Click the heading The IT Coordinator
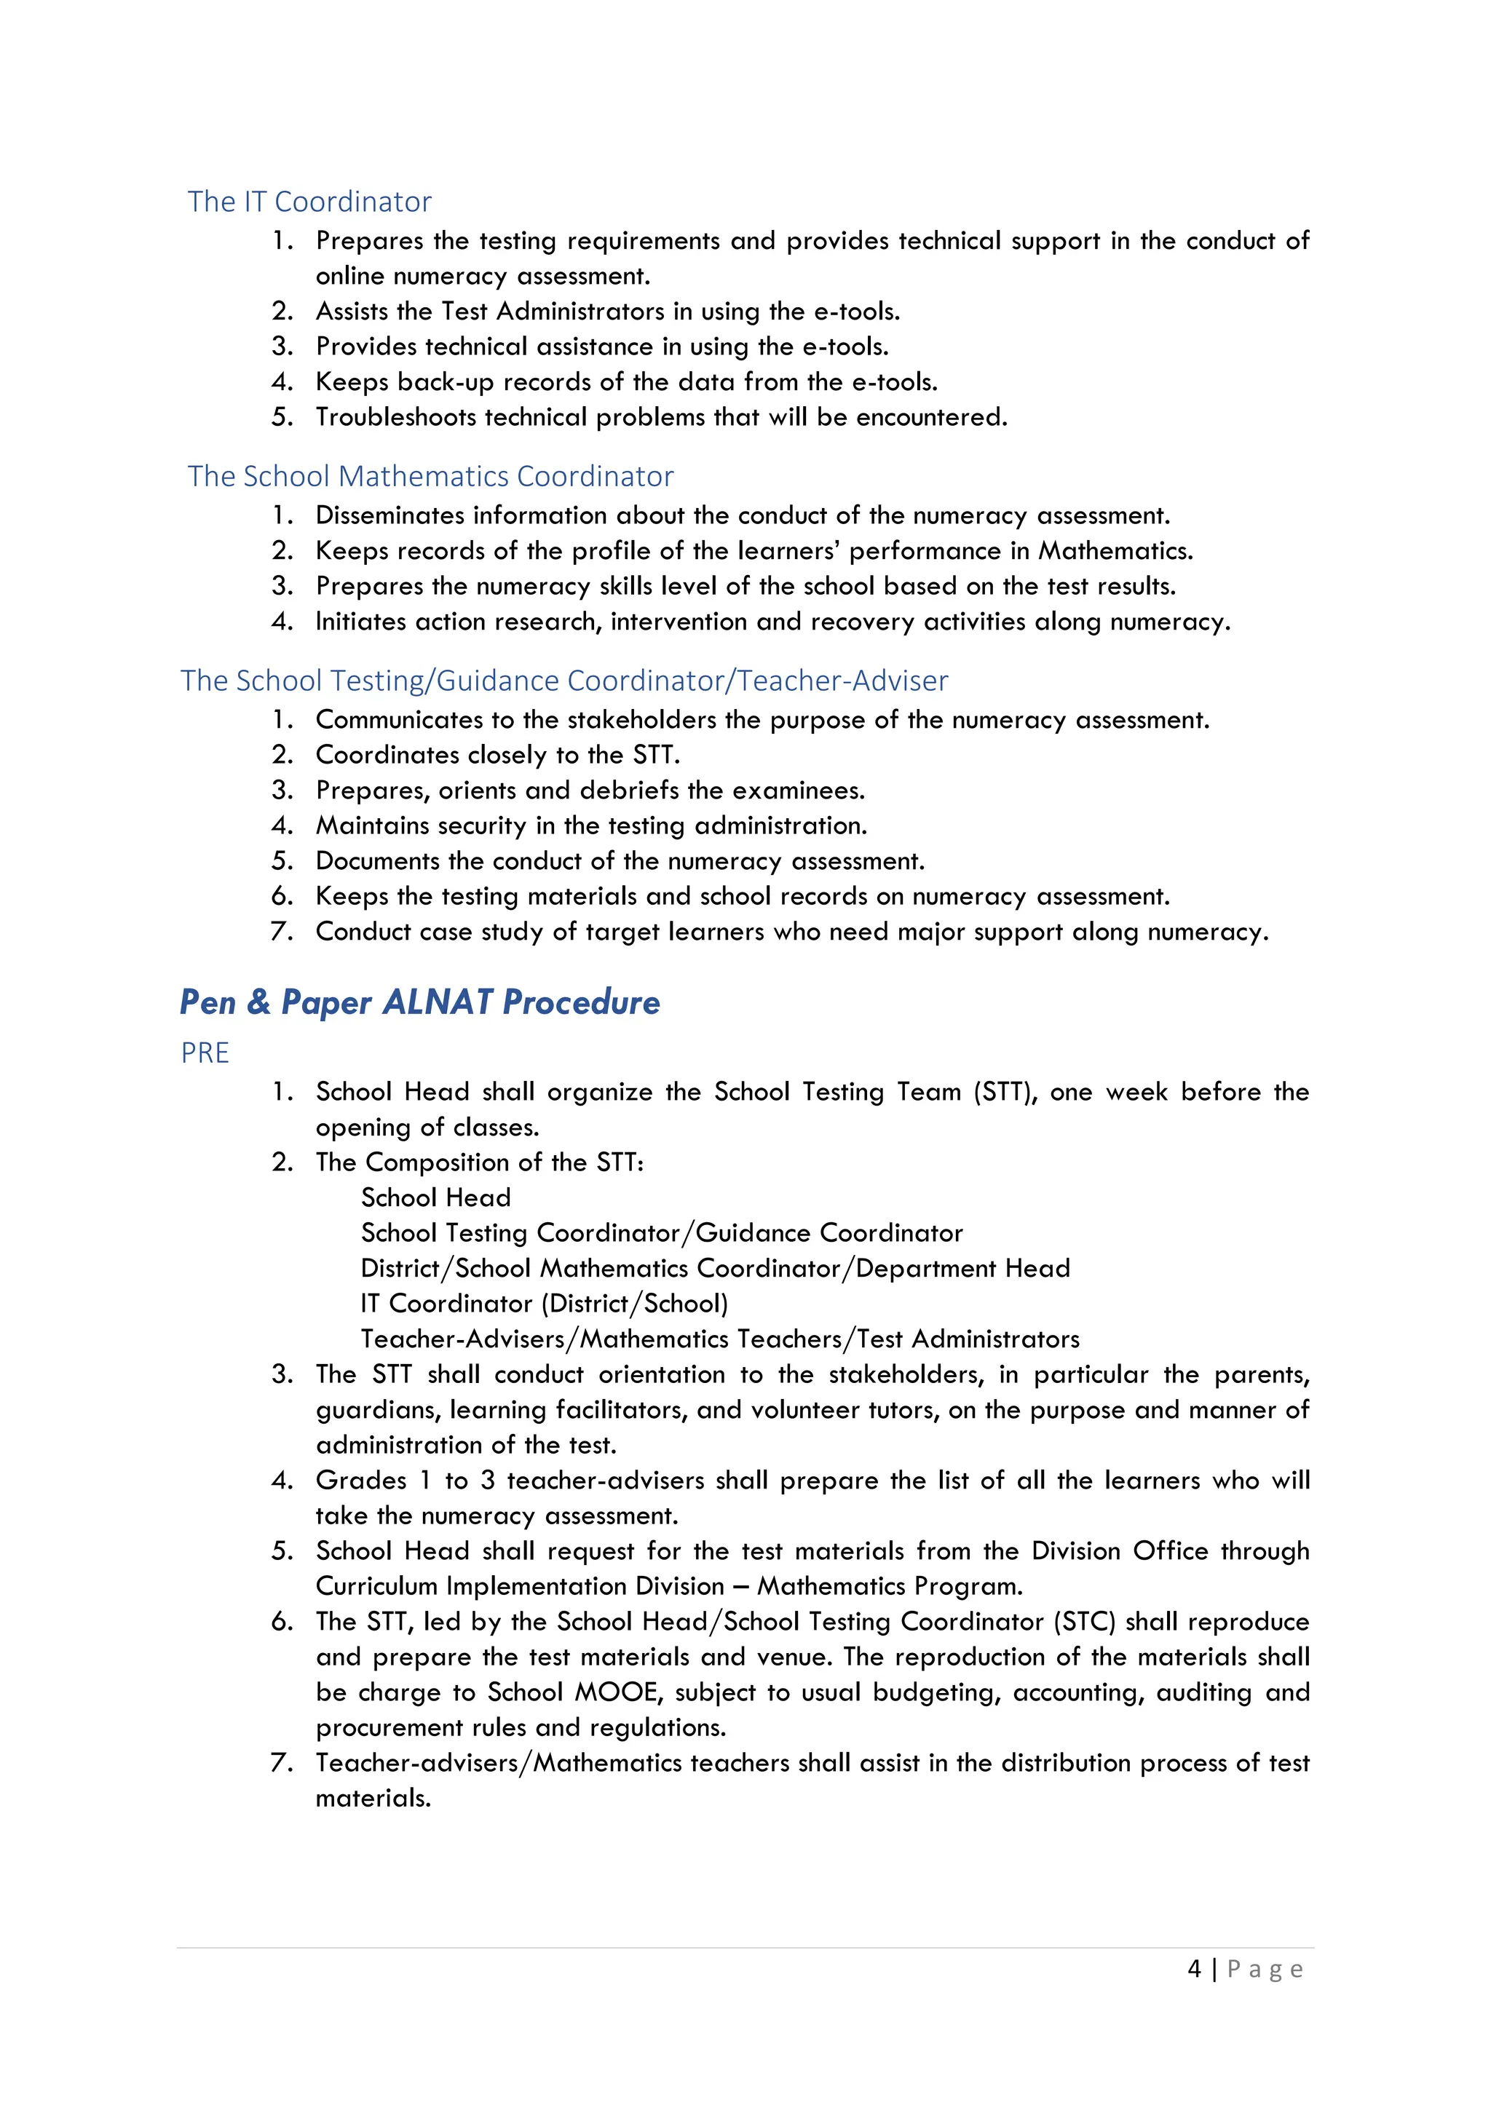click(x=309, y=201)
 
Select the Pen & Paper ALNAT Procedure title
click(x=419, y=1002)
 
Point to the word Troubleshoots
click(x=396, y=417)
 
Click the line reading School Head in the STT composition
click(x=435, y=1197)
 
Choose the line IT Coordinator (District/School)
click(x=544, y=1304)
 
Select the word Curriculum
click(x=376, y=1587)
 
